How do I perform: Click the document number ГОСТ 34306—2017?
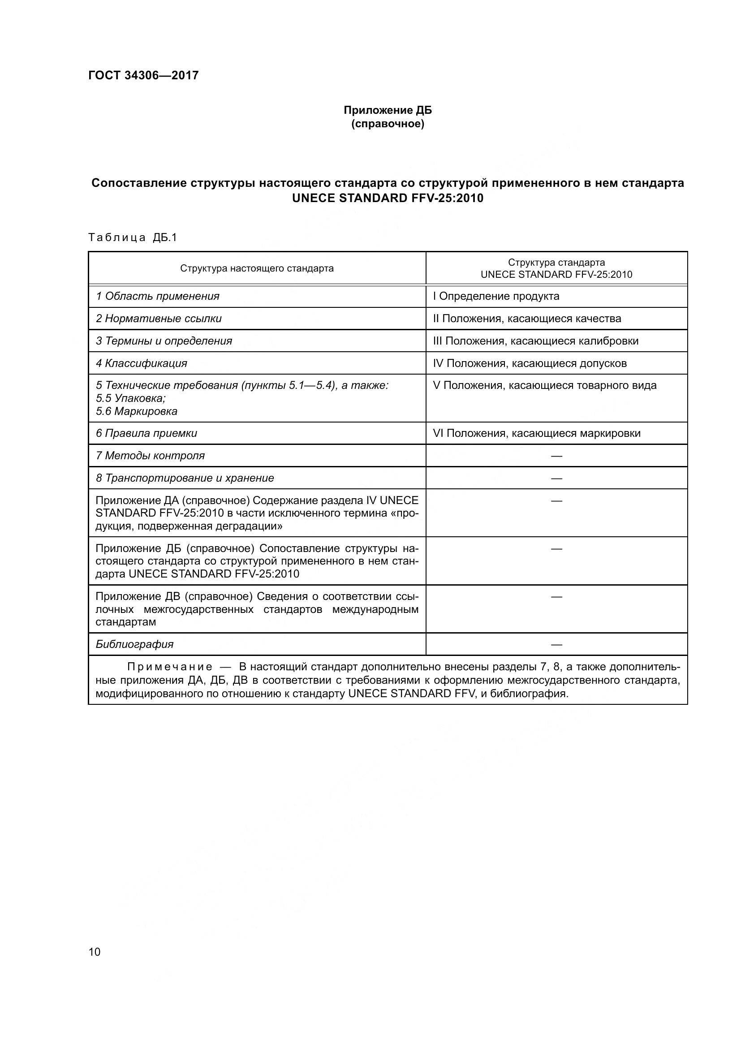[143, 75]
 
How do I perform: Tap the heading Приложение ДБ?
[388, 111]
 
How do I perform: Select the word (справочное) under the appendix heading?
[388, 124]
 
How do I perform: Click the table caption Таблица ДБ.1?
[132, 237]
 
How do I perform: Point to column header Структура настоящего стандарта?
[256, 268]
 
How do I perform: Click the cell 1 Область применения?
[157, 296]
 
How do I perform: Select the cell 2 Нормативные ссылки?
[158, 319]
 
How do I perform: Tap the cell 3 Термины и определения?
[164, 341]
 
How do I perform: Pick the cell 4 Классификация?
[142, 363]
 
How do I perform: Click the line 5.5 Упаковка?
[130, 398]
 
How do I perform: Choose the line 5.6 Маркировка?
[137, 411]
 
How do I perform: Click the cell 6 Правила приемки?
[146, 433]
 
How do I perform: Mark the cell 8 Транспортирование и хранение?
[185, 478]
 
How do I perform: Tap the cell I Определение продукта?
[496, 296]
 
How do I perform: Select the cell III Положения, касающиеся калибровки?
[536, 341]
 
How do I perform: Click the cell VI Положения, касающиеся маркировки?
[537, 433]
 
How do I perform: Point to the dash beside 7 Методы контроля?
[556, 456]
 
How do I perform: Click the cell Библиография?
[134, 644]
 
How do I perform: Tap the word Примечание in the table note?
[169, 667]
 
